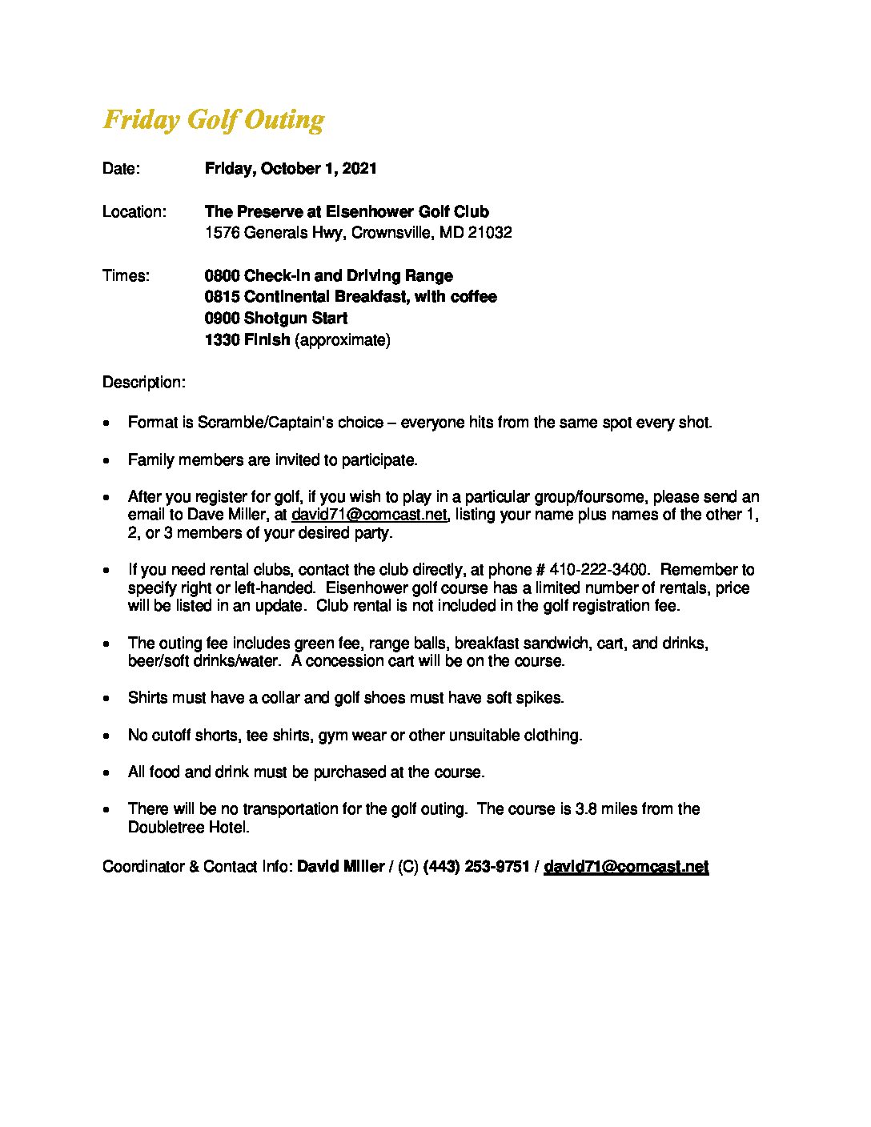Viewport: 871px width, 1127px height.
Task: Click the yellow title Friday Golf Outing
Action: coord(214,120)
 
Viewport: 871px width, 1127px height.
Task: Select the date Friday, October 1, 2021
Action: coord(291,169)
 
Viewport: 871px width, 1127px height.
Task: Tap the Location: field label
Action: coord(134,212)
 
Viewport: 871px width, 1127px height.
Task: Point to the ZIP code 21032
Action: coord(491,233)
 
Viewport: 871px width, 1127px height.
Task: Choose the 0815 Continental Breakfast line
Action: coord(351,297)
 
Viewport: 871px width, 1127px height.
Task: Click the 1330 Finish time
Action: coord(247,340)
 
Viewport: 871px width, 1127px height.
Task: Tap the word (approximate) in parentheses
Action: coord(343,340)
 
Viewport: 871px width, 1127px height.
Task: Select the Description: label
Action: coord(144,383)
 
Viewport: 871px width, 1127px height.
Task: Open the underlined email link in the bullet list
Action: coord(369,515)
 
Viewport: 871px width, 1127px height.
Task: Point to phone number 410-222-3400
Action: coord(599,570)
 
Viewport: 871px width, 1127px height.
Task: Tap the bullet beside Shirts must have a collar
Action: coord(106,699)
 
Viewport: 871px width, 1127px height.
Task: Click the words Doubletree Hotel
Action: coord(187,828)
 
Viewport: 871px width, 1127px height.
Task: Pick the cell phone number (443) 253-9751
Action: coord(476,867)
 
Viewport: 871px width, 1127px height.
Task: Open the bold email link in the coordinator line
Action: coord(626,867)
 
